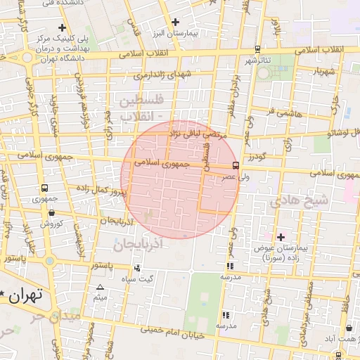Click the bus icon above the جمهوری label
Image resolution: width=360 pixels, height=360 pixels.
click(45, 188)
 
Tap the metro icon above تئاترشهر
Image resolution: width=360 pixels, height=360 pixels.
click(258, 49)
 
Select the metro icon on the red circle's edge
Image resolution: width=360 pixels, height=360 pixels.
click(235, 166)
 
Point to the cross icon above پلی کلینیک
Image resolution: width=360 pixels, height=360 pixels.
click(62, 27)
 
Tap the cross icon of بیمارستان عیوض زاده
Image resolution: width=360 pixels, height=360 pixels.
click(281, 237)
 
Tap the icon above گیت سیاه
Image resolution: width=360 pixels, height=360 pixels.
click(136, 268)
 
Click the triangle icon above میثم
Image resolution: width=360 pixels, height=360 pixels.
click(100, 287)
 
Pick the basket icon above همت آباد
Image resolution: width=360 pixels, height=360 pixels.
click(349, 328)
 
